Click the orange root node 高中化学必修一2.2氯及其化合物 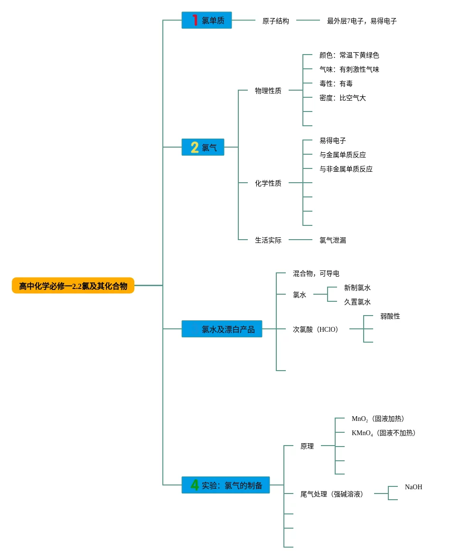[73, 286]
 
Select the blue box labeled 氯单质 [207, 20]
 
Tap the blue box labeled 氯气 [203, 147]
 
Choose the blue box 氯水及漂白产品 [222, 329]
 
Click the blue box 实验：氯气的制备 [225, 485]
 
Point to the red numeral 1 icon [195, 20]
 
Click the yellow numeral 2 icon [195, 147]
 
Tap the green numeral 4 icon [195, 485]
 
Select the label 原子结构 [276, 21]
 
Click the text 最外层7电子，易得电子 [362, 21]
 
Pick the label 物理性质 [268, 91]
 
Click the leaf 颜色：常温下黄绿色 [349, 55]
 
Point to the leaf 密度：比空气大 [343, 98]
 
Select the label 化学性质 [268, 183]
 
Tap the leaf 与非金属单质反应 [346, 169]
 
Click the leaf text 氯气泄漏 [333, 240]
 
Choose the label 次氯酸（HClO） [316, 329]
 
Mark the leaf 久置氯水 [357, 302]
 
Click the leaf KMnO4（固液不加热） [384, 433]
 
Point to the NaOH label [413, 487]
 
